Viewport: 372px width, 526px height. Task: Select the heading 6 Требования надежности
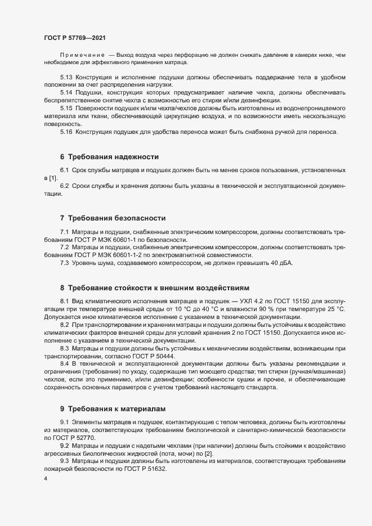click(109, 156)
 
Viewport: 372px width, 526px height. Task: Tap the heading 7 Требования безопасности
click(113, 218)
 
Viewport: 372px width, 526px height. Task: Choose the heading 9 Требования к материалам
click(113, 408)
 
